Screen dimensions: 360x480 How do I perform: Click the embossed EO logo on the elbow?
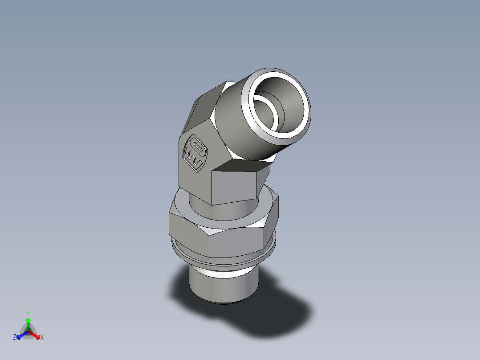(x=195, y=153)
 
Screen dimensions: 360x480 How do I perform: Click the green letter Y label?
(x=28, y=313)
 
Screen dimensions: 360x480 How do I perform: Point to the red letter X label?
(x=42, y=338)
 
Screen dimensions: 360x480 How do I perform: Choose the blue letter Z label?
(x=15, y=338)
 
